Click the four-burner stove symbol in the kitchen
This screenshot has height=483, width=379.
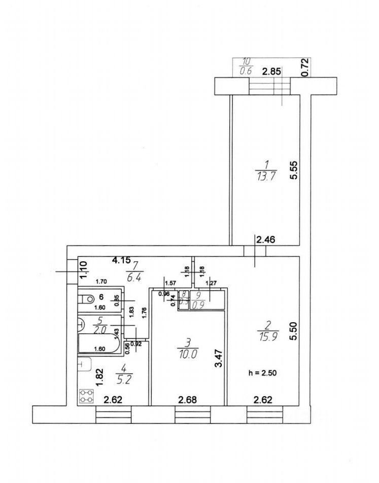[x=87, y=396]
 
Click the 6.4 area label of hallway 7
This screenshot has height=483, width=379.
[x=133, y=278]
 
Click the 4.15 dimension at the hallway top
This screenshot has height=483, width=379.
[x=121, y=260]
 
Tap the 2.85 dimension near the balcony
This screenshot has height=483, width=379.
[x=271, y=71]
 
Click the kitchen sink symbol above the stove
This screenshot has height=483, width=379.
[x=84, y=364]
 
